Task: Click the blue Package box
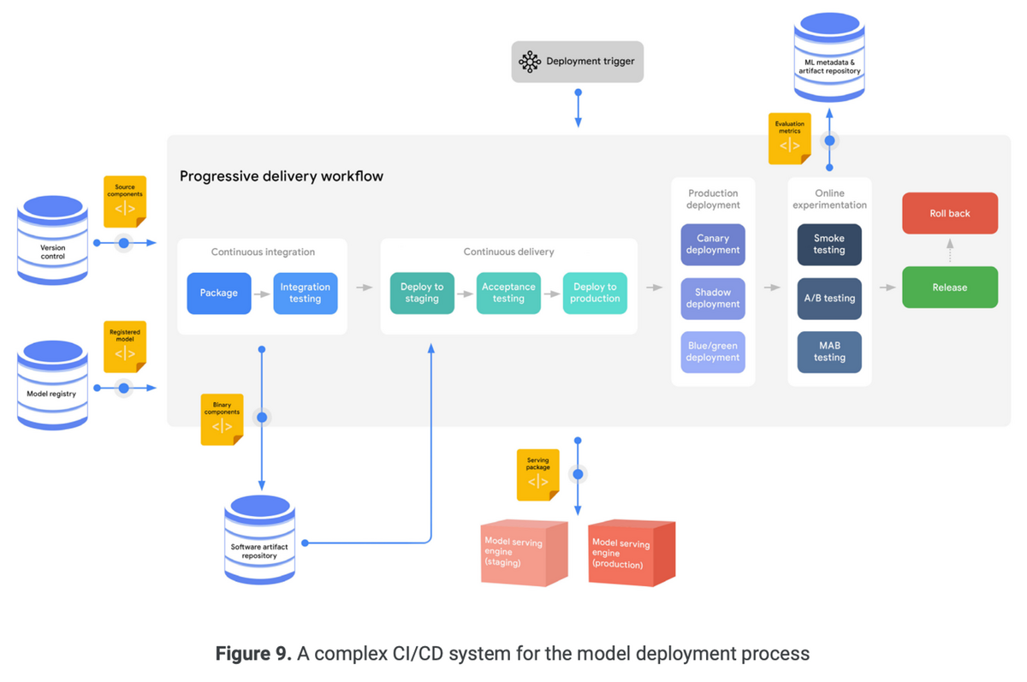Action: coord(219,294)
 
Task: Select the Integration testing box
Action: coord(306,294)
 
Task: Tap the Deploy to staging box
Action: coord(422,294)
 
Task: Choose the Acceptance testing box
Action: coord(508,294)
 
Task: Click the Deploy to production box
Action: coord(595,294)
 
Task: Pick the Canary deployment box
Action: coord(713,245)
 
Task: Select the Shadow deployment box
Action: coord(713,299)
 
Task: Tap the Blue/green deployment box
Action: coord(713,353)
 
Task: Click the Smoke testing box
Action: coord(829,245)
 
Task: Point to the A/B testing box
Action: coord(829,299)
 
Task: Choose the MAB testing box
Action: coord(829,353)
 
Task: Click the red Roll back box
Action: coord(950,213)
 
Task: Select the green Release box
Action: coord(950,288)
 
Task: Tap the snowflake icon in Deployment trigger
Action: coord(530,62)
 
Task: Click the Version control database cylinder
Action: coord(53,240)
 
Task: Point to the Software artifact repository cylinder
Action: coord(259,540)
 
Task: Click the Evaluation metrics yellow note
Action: coord(789,139)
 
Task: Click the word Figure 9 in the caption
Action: coord(252,655)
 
